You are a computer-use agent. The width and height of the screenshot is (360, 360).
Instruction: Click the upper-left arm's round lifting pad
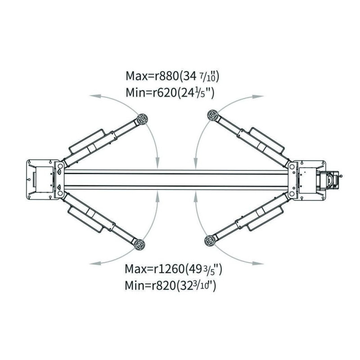(x=142, y=119)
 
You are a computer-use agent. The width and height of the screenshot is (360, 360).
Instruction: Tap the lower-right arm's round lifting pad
(x=210, y=241)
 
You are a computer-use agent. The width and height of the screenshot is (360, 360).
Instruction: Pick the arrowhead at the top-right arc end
(x=258, y=97)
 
